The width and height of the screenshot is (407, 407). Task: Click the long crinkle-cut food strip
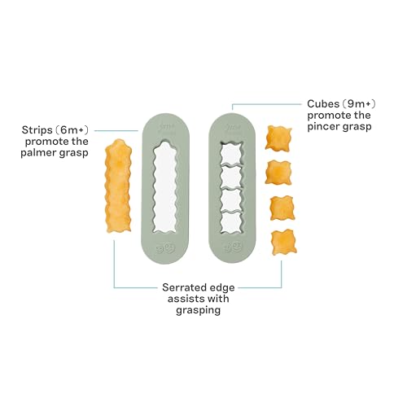(118, 186)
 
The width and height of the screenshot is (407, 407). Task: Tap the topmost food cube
(278, 138)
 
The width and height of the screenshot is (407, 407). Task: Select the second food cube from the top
(278, 173)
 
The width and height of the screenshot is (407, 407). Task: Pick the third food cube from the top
(282, 208)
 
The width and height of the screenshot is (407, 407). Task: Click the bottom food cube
(284, 243)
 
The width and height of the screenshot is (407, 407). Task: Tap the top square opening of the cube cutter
(231, 153)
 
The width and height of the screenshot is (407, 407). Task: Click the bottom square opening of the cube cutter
(231, 222)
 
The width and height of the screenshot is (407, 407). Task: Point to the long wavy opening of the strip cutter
(165, 186)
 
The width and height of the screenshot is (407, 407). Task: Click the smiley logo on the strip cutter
(166, 248)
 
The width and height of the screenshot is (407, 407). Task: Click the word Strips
(37, 130)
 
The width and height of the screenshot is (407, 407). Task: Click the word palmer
(38, 153)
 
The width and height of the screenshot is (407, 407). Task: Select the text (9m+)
(358, 104)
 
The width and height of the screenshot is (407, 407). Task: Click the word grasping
(199, 311)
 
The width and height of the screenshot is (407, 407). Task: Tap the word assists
(184, 299)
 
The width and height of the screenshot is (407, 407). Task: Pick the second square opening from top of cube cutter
(231, 177)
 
